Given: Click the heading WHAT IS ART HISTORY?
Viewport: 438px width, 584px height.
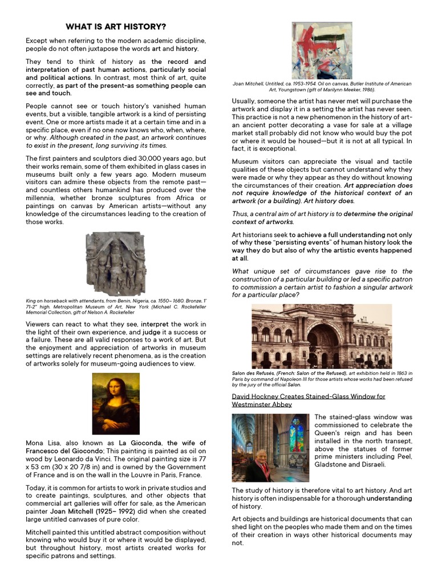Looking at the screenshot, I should point(116,27).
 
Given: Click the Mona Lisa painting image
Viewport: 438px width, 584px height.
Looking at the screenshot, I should point(116,403).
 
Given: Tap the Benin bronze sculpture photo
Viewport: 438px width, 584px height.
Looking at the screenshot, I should point(116,263).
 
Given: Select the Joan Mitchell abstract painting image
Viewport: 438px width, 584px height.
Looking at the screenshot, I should point(322,51).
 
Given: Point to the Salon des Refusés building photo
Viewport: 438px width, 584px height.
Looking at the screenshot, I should point(322,336).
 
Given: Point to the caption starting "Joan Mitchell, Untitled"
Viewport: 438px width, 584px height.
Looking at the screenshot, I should point(322,87).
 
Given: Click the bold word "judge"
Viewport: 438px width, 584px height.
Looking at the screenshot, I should point(151,332).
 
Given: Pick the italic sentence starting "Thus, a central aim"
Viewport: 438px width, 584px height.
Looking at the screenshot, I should point(322,218).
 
